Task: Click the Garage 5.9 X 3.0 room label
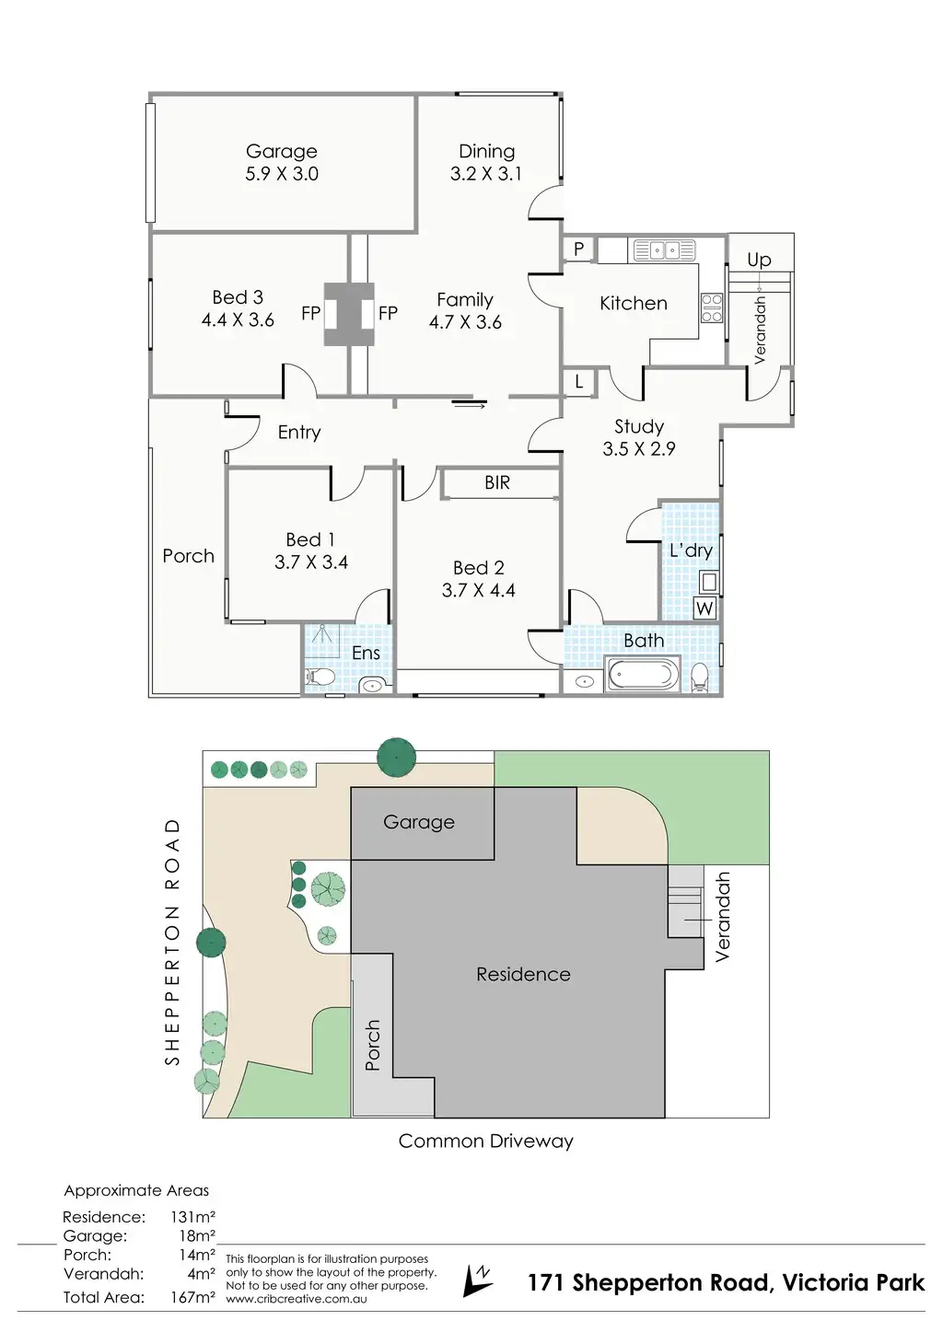[x=282, y=163]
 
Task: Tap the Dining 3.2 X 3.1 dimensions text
[x=485, y=174]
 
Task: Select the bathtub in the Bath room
[x=643, y=674]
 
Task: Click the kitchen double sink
[x=664, y=249]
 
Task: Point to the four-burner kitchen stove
[x=712, y=307]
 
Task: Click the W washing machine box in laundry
[x=704, y=608]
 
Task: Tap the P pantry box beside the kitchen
[x=578, y=249]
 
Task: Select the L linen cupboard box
[x=578, y=381]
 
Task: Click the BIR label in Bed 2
[x=497, y=482]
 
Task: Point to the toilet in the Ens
[x=320, y=678]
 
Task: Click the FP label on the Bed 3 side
[x=311, y=313]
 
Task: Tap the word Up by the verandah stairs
[x=759, y=260]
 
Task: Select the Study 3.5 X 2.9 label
[x=639, y=438]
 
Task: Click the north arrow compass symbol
[x=478, y=1280]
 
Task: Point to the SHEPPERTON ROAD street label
[x=172, y=941]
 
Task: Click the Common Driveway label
[x=485, y=1141]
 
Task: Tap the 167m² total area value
[x=192, y=1297]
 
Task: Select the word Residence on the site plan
[x=523, y=974]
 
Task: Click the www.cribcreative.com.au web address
[x=297, y=1299]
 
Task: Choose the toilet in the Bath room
[x=699, y=676]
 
